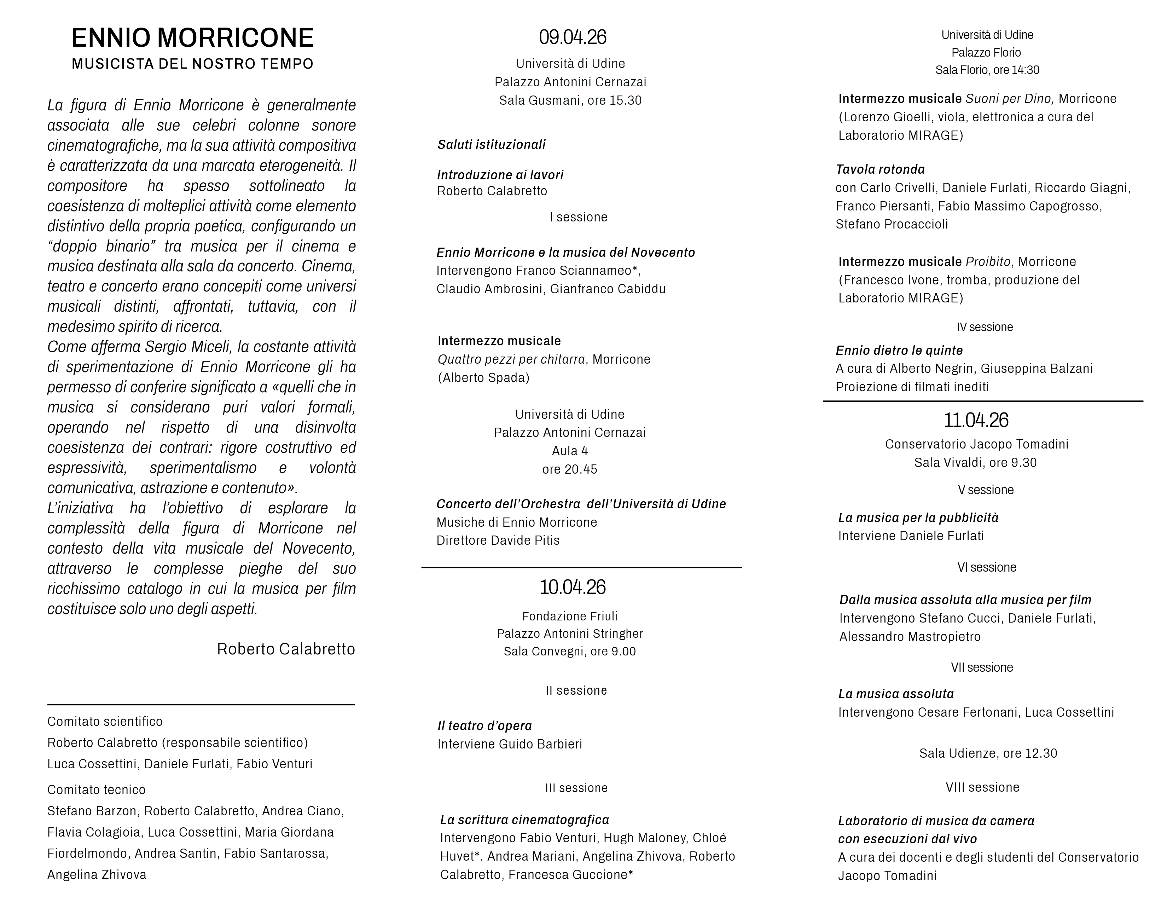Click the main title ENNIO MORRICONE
pyautogui.click(x=192, y=38)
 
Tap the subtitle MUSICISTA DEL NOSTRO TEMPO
pyautogui.click(x=192, y=64)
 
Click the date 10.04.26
pyautogui.click(x=572, y=587)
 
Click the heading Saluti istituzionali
pyautogui.click(x=491, y=145)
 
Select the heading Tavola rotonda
pyautogui.click(x=880, y=170)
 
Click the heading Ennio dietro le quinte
pyautogui.click(x=899, y=351)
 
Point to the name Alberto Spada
pyautogui.click(x=483, y=378)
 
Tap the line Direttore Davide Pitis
pyautogui.click(x=498, y=540)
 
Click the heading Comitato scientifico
pyautogui.click(x=105, y=721)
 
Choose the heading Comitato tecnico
pyautogui.click(x=96, y=790)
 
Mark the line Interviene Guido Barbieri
pyautogui.click(x=509, y=744)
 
